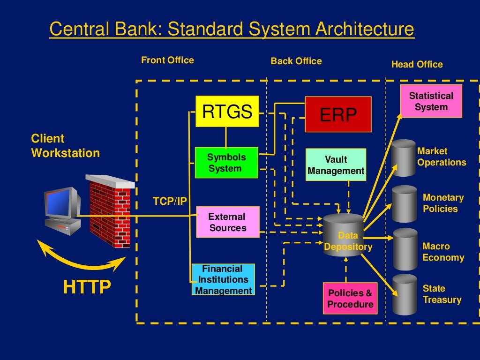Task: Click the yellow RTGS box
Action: pos(227,111)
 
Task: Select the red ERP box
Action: pos(338,114)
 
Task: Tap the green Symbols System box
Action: pos(226,163)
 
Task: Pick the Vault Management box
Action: pos(336,165)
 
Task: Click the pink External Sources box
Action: pos(227,222)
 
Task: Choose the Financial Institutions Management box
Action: pos(223,279)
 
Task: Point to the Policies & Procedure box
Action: pos(350,299)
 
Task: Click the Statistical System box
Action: pos(431,101)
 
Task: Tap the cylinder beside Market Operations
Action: pos(403,158)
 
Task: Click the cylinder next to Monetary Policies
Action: pos(404,204)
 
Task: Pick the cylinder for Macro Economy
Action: pos(405,249)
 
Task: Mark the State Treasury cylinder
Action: pos(405,295)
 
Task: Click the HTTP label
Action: pos(87,287)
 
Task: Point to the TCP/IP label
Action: pos(170,202)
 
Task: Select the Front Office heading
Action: pos(167,60)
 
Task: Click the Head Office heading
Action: pos(417,64)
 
